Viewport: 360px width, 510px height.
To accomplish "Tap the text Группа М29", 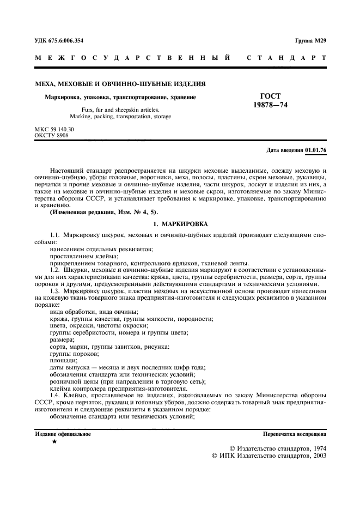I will [311, 40].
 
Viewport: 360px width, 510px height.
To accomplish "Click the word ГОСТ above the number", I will [271, 96].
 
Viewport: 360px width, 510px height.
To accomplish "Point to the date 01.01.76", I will [316, 149].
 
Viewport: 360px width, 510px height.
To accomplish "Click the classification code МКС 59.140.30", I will [54, 129].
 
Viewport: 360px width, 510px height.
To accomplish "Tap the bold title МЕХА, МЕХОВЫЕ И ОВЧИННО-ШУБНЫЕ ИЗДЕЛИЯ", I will [120, 84].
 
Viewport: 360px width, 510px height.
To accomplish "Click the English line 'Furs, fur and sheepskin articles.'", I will [120, 110].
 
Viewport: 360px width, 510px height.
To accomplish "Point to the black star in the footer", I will [54, 442].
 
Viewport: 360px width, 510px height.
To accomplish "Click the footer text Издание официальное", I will [63, 434].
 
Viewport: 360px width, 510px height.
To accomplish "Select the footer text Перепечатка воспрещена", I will [295, 434].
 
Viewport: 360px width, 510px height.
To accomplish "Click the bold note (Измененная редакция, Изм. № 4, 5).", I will [98, 211].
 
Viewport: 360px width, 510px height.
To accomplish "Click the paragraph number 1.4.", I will [56, 396].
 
